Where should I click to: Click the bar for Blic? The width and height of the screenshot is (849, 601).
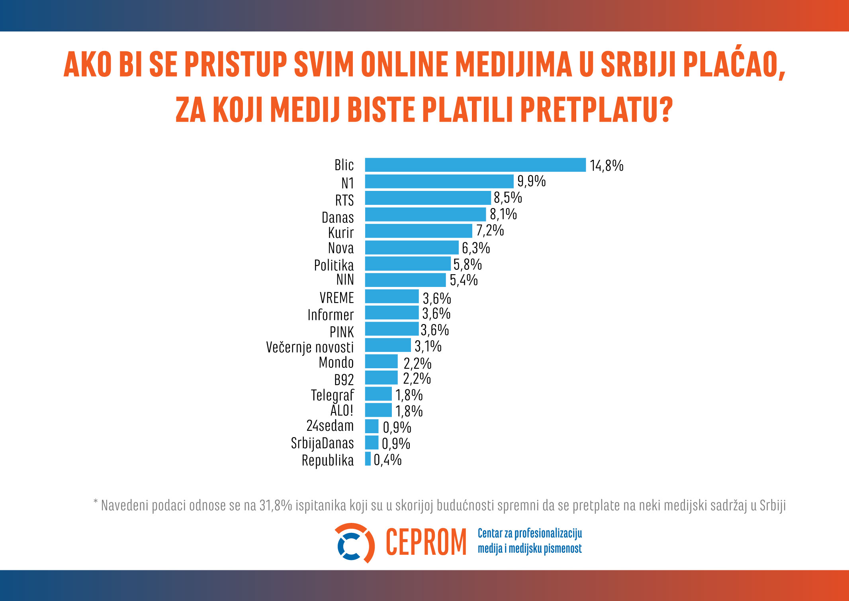pos(475,165)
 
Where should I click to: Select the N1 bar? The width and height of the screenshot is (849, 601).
pos(439,181)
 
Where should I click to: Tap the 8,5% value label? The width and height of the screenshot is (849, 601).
pos(508,198)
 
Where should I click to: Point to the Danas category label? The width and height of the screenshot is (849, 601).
pos(338,218)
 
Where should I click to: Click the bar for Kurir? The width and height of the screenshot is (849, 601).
pos(418,231)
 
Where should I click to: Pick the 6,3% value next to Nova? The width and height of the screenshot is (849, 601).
pos(476,248)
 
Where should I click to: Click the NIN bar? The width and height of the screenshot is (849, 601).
pos(405,280)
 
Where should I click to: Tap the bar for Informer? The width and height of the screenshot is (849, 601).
pos(391,313)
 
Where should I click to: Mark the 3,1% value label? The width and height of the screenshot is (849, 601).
pos(428,346)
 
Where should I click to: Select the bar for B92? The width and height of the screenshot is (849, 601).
pos(381,378)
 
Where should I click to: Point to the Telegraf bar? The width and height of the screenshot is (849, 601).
pos(378,394)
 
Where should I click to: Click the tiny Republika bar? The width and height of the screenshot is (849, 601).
pos(368,459)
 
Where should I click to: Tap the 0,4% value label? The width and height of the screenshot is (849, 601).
pos(387,460)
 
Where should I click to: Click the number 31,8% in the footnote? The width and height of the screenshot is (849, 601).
pos(276,505)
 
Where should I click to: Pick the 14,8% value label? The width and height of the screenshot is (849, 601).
pos(606,166)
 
